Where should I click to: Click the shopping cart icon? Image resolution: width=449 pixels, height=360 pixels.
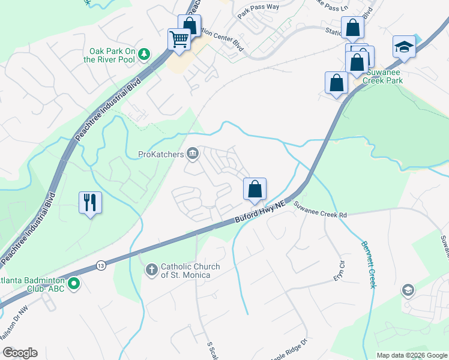click(x=179, y=40)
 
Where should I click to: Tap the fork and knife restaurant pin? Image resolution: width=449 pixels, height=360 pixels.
click(x=90, y=202)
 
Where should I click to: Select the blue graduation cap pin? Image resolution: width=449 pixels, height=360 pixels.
click(x=404, y=47)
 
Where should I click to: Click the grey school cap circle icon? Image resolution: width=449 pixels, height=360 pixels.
click(x=408, y=291)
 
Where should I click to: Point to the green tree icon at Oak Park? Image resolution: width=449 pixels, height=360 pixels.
click(x=144, y=55)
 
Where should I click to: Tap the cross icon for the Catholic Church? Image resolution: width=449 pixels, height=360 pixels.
click(x=152, y=271)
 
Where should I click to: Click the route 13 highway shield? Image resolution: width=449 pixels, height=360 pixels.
click(x=100, y=264)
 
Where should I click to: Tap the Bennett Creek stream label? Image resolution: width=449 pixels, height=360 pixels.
click(x=368, y=264)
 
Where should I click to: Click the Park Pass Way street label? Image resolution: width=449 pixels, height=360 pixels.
click(x=258, y=7)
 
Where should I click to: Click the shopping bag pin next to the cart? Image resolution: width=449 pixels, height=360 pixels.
click(x=190, y=26)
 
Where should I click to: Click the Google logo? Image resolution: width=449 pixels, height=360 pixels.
click(x=20, y=353)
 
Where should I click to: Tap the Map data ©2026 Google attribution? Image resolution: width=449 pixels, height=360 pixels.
click(x=411, y=355)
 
